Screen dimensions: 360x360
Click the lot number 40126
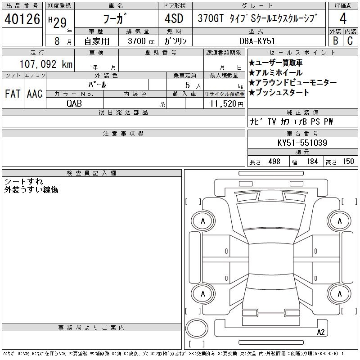[x=22, y=19]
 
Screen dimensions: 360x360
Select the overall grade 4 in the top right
[x=343, y=18]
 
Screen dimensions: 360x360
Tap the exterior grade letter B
[x=335, y=41]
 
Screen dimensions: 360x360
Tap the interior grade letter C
[x=350, y=41]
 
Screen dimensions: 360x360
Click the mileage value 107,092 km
[x=46, y=64]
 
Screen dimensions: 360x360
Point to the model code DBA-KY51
[x=257, y=41]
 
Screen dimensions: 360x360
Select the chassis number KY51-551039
[x=302, y=143]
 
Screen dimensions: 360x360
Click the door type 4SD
[x=174, y=18]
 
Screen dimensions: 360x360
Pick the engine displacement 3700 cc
[x=141, y=41]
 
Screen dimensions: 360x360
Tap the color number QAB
[x=74, y=103]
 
